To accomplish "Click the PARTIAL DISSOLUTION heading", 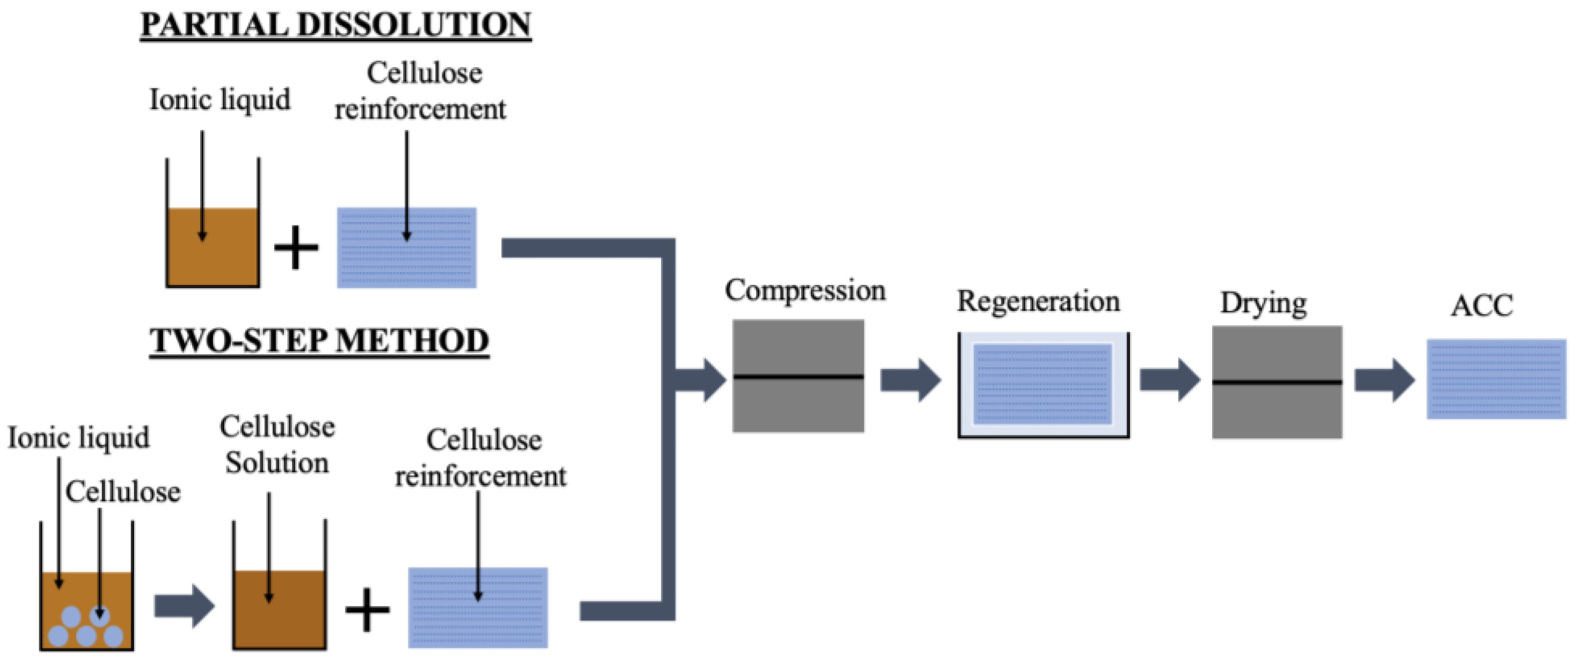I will [x=335, y=26].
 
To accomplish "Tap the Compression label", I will [x=805, y=290].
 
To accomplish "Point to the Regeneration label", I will [x=1038, y=301].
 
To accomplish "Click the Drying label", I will [x=1264, y=303].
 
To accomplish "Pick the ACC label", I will [x=1481, y=305].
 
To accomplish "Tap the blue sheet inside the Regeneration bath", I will [x=1042, y=384].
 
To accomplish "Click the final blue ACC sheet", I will [x=1495, y=379].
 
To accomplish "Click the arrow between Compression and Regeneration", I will [x=911, y=381].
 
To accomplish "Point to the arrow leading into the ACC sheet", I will [x=1384, y=381].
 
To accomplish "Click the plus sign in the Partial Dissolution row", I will [x=296, y=248].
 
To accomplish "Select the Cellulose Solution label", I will [x=277, y=444].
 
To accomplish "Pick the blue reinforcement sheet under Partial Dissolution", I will [x=407, y=248].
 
